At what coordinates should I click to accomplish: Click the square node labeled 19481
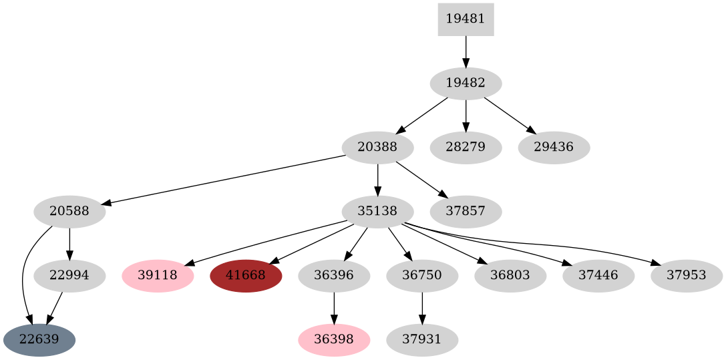(466, 19)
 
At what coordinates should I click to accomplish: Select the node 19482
(466, 83)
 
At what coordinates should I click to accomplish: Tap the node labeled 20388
(377, 147)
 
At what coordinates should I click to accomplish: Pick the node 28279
(466, 147)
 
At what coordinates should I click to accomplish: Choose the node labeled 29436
(554, 147)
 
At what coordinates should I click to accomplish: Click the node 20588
(69, 212)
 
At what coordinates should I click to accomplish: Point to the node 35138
(377, 212)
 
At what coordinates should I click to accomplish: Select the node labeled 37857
(466, 212)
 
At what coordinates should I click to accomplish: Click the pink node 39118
(158, 275)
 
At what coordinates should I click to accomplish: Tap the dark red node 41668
(246, 275)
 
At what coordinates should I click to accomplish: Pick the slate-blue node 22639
(39, 339)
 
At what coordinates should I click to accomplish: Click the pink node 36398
(334, 339)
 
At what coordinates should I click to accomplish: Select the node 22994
(69, 275)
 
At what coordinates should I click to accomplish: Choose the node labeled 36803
(510, 275)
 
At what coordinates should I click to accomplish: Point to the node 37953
(686, 275)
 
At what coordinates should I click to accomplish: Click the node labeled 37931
(422, 339)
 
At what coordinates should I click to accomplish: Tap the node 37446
(598, 275)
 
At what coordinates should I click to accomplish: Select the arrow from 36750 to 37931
(422, 307)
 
